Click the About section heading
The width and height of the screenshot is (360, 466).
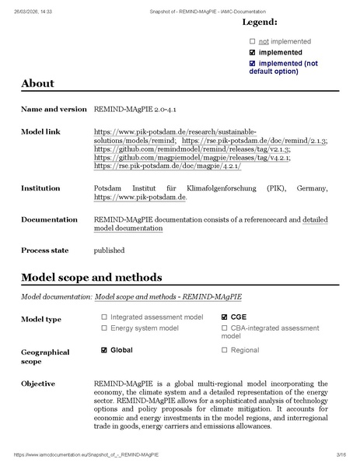point(37,84)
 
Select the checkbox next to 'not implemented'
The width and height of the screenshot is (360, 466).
point(252,41)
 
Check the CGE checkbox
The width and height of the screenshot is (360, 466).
point(225,317)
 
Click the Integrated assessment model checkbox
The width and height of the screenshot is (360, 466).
point(104,317)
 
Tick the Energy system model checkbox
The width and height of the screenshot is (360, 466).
point(104,328)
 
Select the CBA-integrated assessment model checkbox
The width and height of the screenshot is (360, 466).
point(225,328)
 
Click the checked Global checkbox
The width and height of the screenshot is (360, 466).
point(104,351)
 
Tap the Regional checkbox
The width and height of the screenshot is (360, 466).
point(225,351)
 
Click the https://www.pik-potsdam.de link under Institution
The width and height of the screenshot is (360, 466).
point(139,198)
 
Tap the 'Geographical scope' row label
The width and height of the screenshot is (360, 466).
point(44,357)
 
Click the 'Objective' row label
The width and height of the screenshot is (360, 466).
point(38,384)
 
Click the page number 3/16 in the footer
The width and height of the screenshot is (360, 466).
point(341,454)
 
